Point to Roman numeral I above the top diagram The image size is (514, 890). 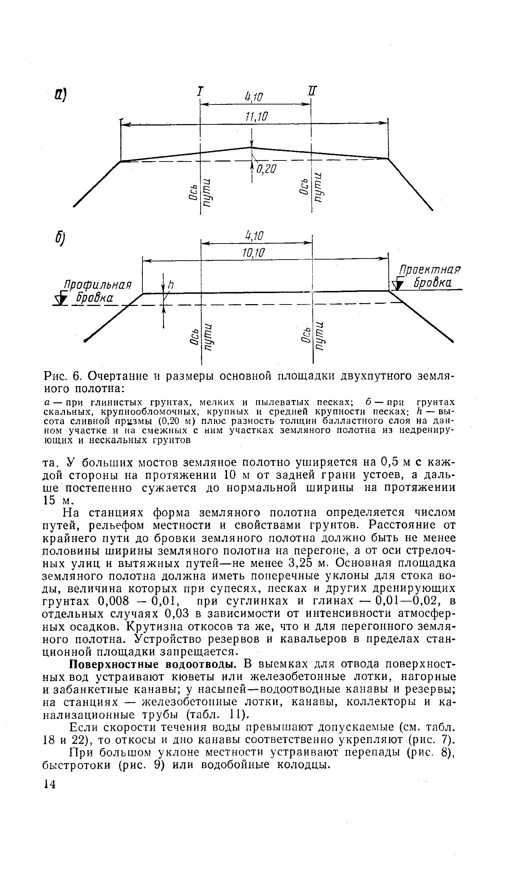200,91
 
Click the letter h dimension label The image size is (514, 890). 171,284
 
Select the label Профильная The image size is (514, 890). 97,286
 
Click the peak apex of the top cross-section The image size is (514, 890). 251,147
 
